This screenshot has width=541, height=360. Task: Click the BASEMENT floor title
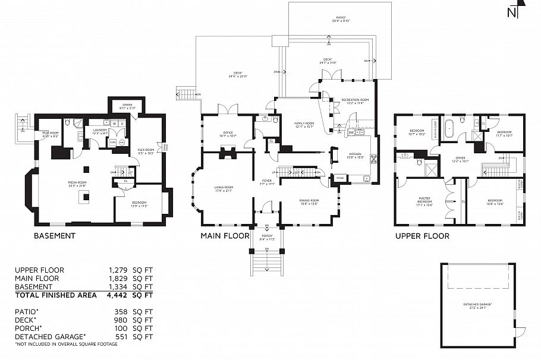click(55, 236)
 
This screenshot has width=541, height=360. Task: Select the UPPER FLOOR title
click(422, 236)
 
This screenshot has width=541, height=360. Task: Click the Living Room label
click(224, 189)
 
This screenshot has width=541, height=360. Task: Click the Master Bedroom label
click(424, 200)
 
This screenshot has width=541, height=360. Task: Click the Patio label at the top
click(341, 19)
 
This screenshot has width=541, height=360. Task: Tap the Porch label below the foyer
click(267, 236)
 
